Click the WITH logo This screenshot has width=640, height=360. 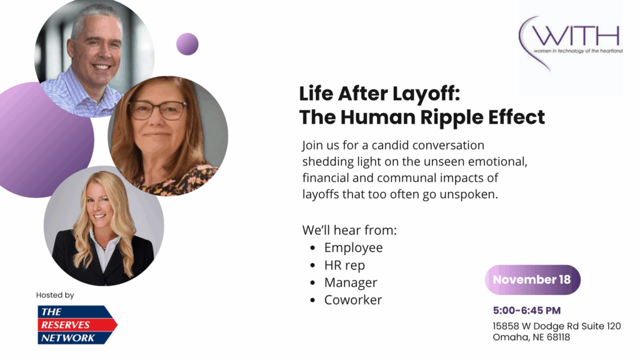571,43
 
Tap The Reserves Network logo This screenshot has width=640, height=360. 77,325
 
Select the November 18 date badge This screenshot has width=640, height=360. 532,279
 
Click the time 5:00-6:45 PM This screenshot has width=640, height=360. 526,311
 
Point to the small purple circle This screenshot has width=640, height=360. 187,44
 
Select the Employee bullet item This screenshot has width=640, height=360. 354,247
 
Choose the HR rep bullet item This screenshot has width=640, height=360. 344,265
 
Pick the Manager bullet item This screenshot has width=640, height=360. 351,283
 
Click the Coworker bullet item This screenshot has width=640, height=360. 353,300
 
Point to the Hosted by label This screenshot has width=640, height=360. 55,295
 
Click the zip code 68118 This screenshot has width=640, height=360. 558,337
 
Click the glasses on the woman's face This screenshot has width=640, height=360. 158,110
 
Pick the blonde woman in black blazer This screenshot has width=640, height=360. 104,226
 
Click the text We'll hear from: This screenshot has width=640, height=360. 349,230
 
